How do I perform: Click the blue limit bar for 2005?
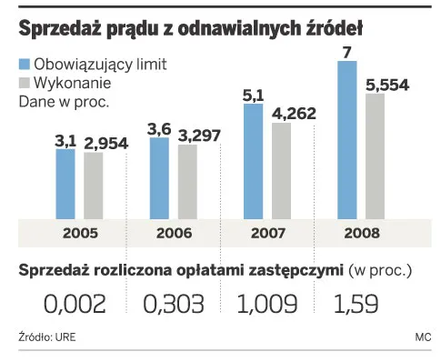65,184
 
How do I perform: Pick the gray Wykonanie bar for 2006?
186,182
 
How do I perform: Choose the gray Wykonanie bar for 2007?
281,171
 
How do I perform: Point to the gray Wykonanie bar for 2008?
375,156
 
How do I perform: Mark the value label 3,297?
197,136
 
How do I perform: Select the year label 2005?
79,232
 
